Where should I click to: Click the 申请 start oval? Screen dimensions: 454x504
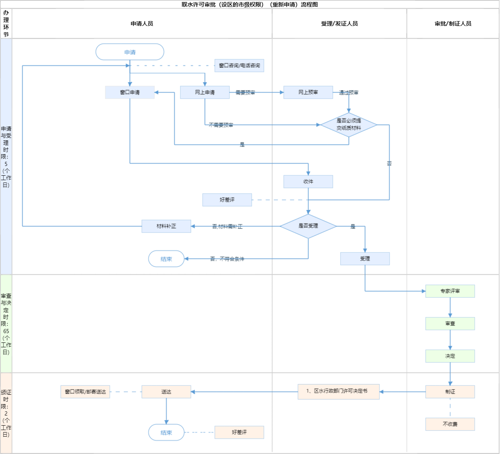coord(130,52)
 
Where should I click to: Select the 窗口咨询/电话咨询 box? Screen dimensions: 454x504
coord(239,65)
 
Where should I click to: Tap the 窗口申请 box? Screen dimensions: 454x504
coord(130,93)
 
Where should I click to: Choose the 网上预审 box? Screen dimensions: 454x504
coord(308,93)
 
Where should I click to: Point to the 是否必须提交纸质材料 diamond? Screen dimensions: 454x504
coord(349,125)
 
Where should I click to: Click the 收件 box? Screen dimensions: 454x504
coord(308,181)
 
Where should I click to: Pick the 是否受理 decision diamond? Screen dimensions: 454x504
coord(308,226)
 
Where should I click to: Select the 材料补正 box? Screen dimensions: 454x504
coord(166,226)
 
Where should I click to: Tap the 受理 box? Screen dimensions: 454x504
coord(365,258)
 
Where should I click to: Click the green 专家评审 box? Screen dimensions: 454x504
coord(450,291)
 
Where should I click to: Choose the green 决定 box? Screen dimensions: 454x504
coord(450,356)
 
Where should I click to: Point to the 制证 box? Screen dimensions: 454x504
coord(450,392)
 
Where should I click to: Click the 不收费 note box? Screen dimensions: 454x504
coord(450,424)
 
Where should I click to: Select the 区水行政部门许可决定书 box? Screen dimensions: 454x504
coord(339,392)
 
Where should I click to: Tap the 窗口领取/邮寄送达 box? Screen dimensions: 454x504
coord(85,392)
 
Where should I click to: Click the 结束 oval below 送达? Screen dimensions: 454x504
coord(166,432)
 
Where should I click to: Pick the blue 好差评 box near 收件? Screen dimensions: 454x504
coord(227,200)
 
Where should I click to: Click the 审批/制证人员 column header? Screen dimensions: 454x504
coord(453,24)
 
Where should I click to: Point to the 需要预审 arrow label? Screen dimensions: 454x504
coord(245,93)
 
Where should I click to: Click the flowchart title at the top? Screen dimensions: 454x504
coord(250,4)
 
